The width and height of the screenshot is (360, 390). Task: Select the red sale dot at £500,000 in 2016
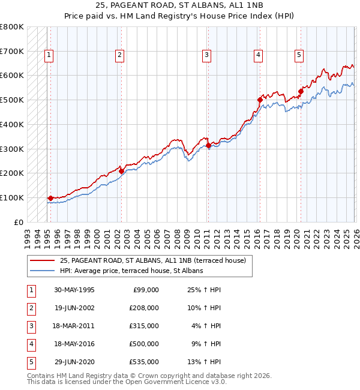(x=260, y=100)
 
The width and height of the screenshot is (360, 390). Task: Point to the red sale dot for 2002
(x=121, y=171)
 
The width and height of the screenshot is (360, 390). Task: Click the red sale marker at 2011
(x=208, y=145)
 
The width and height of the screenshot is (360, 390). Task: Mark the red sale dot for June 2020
(x=301, y=91)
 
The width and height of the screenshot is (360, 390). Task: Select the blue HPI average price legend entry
(x=131, y=271)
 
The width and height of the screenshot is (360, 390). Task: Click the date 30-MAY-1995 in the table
(x=74, y=290)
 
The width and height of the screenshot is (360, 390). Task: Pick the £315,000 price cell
(x=144, y=326)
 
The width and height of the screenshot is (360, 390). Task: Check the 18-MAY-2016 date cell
(x=74, y=344)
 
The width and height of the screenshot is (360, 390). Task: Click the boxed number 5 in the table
(x=31, y=362)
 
